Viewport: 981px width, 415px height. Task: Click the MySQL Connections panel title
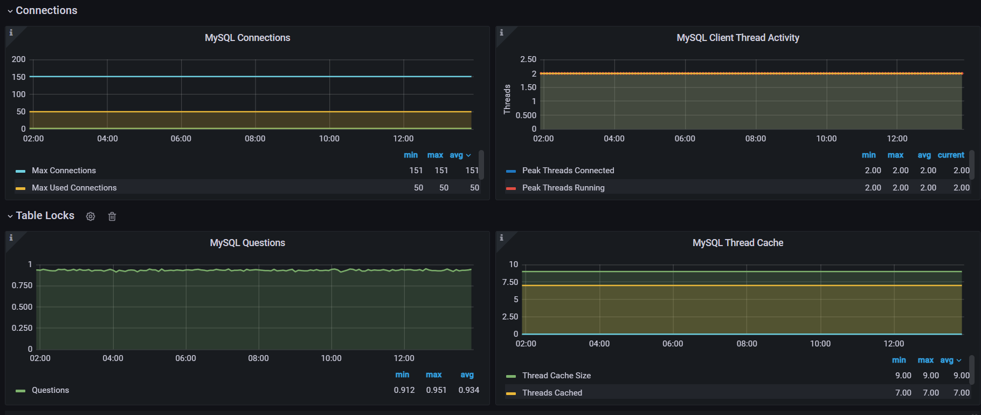click(247, 38)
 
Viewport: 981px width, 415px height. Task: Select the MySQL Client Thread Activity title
click(737, 38)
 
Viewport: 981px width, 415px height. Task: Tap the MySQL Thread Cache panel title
click(737, 243)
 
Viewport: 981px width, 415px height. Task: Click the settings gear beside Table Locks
click(91, 216)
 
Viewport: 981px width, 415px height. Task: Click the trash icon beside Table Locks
click(112, 216)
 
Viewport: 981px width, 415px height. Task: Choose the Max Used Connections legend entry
click(74, 188)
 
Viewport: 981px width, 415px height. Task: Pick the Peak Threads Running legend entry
click(563, 188)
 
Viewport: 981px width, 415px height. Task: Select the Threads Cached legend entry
click(551, 393)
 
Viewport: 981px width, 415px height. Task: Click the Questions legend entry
click(50, 390)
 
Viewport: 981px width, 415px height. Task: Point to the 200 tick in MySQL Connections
click(19, 59)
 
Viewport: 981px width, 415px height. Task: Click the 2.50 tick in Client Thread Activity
click(528, 59)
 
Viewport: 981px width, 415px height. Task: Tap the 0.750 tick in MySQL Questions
click(22, 285)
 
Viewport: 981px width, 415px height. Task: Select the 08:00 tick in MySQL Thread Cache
click(747, 344)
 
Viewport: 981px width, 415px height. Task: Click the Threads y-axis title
click(507, 99)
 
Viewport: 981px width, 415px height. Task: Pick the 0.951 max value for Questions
click(436, 390)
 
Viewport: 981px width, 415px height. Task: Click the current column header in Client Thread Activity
click(951, 155)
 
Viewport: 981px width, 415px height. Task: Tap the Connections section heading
click(46, 11)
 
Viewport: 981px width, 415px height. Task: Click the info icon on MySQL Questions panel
click(11, 238)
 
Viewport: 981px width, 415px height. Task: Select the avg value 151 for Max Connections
click(472, 171)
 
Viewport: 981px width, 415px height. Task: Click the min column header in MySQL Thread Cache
click(899, 360)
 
